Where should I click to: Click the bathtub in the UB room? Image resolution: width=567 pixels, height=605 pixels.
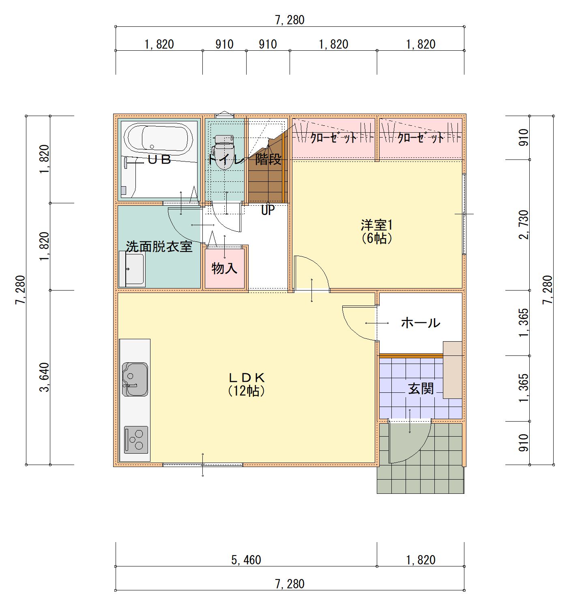click(159, 138)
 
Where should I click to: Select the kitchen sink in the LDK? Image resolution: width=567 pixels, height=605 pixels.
click(135, 379)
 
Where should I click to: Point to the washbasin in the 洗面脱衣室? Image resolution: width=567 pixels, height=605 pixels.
click(131, 269)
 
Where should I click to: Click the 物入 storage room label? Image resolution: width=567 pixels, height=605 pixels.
click(224, 268)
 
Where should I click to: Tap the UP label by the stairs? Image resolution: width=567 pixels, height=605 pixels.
click(268, 210)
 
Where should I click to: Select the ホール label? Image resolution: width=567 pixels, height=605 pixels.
click(421, 323)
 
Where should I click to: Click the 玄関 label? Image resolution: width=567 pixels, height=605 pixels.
click(421, 389)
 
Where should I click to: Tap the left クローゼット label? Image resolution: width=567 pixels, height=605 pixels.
click(333, 138)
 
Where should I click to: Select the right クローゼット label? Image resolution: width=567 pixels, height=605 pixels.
click(421, 138)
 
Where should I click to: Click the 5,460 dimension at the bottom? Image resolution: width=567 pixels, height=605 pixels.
click(246, 560)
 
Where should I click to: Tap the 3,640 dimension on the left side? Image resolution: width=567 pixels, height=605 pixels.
click(45, 377)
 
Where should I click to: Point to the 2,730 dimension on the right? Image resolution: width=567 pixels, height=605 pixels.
click(524, 224)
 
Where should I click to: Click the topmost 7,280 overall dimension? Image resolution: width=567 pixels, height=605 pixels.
click(290, 20)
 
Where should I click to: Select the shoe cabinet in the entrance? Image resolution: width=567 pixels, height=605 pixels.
click(453, 370)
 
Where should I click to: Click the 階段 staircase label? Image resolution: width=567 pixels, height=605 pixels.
click(268, 159)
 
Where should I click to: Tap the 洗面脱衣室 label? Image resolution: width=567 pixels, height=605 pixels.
click(159, 246)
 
